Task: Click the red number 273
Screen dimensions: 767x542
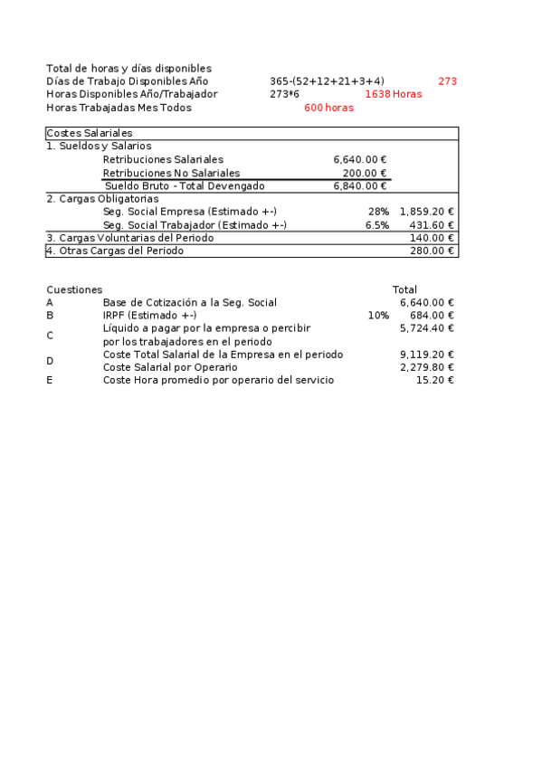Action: (447, 81)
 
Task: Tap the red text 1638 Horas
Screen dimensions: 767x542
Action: (394, 94)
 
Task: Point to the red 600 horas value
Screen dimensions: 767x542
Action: (328, 108)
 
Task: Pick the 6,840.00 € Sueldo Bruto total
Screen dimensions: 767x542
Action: (360, 186)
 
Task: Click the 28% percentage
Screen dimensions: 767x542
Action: (379, 212)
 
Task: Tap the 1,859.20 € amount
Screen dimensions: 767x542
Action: (426, 212)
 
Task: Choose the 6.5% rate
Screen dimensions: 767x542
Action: (377, 225)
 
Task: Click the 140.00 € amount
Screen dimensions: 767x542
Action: (432, 238)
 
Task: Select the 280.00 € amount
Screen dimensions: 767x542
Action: (432, 251)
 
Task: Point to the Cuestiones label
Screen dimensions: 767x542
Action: (74, 289)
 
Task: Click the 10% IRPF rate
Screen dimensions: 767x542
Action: (378, 316)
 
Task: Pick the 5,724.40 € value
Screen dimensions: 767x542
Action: (426, 328)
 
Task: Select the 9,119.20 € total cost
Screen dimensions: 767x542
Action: (426, 355)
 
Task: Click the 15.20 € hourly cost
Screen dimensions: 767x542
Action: (434, 381)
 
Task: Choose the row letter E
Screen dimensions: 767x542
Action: (50, 381)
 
